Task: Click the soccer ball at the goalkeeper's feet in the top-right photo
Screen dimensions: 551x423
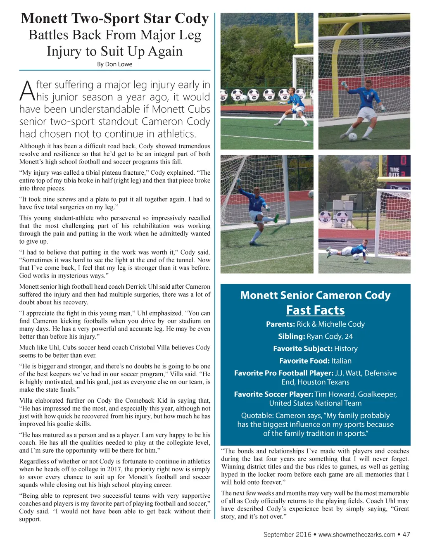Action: click(x=353, y=137)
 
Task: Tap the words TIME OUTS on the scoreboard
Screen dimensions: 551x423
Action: click(x=394, y=172)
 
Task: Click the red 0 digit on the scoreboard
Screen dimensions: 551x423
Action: click(x=403, y=161)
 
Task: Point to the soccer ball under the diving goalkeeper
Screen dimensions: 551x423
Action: click(x=356, y=257)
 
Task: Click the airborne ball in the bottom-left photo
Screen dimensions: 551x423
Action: click(x=311, y=193)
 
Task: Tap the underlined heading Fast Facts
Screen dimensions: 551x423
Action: click(x=315, y=310)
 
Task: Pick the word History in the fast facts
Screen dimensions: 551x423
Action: click(x=346, y=349)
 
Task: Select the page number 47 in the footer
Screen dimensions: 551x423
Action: click(x=406, y=534)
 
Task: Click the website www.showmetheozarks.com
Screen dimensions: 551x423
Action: click(x=356, y=534)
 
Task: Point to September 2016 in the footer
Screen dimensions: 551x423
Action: click(x=287, y=534)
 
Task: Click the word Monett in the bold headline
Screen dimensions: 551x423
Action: click(x=44, y=19)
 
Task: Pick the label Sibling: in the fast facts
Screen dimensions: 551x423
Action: click(x=291, y=337)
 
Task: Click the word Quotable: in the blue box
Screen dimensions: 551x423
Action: click(x=257, y=416)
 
